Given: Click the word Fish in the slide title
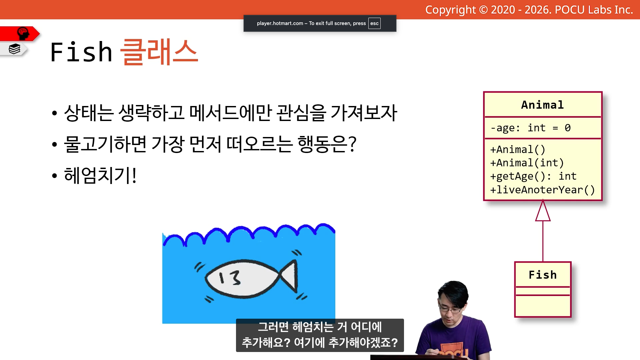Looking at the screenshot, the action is click(x=81, y=52).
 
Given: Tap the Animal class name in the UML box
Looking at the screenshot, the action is click(x=542, y=105).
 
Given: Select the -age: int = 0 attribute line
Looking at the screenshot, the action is click(x=530, y=128).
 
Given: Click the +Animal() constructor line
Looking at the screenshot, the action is click(x=518, y=150).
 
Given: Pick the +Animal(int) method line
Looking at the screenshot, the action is click(x=527, y=163).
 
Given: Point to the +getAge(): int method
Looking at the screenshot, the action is click(x=533, y=176).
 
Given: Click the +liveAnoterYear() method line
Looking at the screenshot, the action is click(x=542, y=190).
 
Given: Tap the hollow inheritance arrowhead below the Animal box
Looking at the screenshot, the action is click(x=543, y=211).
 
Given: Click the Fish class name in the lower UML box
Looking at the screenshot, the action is click(x=543, y=275).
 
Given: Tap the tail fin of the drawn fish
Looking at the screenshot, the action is click(x=289, y=276).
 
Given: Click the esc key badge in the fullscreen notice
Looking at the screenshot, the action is click(x=374, y=23).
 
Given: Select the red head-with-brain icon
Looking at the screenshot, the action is click(x=23, y=33).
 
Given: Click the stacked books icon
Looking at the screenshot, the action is click(x=14, y=49).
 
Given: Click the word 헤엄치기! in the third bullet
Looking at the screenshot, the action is click(x=100, y=175).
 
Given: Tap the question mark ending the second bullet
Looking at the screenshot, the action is click(x=352, y=144).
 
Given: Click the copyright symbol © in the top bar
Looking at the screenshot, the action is click(x=483, y=10).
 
